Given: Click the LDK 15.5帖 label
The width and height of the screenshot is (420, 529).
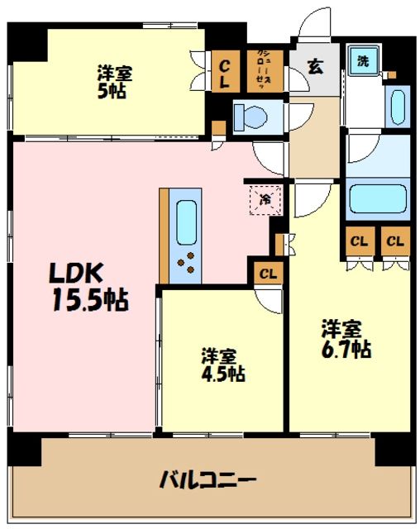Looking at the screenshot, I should [x=79, y=286].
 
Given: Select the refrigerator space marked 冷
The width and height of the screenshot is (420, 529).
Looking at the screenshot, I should [x=266, y=199].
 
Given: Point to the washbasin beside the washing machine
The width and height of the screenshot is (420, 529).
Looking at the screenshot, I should [x=396, y=106].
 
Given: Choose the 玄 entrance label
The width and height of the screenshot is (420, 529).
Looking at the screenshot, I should [x=317, y=68].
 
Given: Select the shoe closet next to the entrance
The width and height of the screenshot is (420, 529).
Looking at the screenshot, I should [x=265, y=69].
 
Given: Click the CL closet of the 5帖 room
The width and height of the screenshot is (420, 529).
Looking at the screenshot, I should [x=225, y=71].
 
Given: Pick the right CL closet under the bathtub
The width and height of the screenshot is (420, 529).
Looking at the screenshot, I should [x=394, y=241].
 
